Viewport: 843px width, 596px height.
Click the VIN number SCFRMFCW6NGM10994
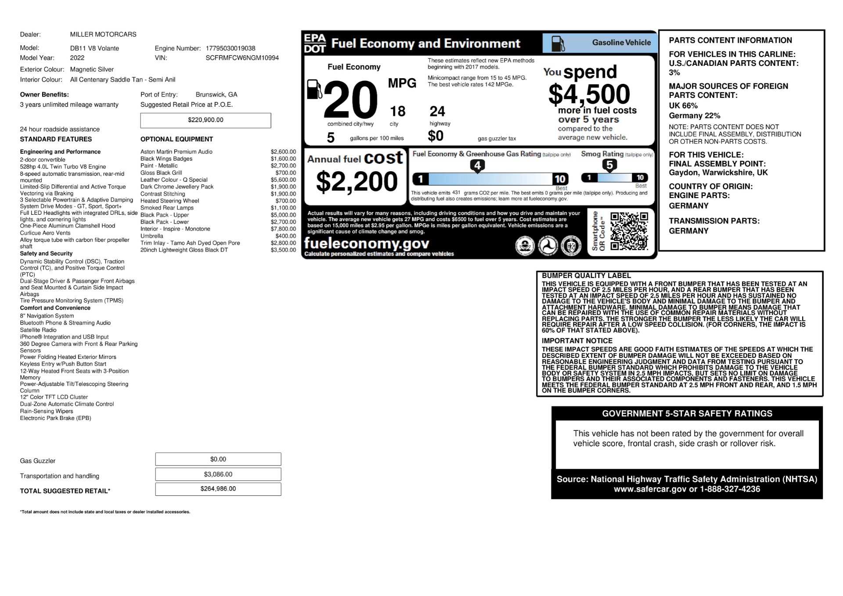pyautogui.click(x=242, y=58)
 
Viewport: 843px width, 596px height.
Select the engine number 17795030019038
pyautogui.click(x=230, y=48)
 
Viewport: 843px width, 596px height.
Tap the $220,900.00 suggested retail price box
pyautogui.click(x=205, y=120)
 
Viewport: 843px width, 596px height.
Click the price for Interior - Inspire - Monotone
pyautogui.click(x=283, y=229)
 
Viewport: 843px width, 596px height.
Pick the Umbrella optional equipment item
pyautogui.click(x=151, y=236)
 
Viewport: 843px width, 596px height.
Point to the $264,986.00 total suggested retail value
pyautogui.click(x=218, y=489)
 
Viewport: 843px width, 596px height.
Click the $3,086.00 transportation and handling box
pyautogui.click(x=218, y=474)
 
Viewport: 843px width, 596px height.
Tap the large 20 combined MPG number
pyautogui.click(x=350, y=100)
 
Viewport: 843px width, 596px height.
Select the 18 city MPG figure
pyautogui.click(x=397, y=112)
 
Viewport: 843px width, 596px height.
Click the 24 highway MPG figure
pyautogui.click(x=437, y=112)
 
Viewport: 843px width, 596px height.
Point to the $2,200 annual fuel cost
pyautogui.click(x=357, y=182)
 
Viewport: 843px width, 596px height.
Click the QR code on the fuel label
pyautogui.click(x=629, y=231)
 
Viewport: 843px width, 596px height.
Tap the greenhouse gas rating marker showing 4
pyautogui.click(x=477, y=166)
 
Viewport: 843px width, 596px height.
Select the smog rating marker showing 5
pyautogui.click(x=609, y=165)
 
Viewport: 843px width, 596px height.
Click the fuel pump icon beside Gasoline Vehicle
pyautogui.click(x=558, y=43)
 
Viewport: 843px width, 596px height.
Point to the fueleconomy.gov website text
pyautogui.click(x=367, y=243)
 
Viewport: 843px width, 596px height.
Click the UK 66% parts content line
pyautogui.click(x=683, y=106)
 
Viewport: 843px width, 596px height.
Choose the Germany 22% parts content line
pyautogui.click(x=694, y=116)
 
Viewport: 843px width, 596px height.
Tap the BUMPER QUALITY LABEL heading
pyautogui.click(x=586, y=276)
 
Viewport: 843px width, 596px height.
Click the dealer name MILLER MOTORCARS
pyautogui.click(x=103, y=34)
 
